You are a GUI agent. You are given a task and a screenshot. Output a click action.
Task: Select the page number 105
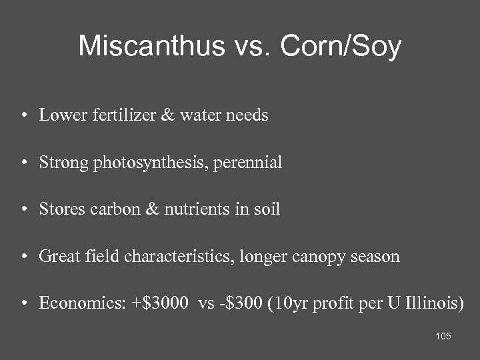tap(443, 336)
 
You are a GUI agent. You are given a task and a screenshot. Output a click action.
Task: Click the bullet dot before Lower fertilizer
tap(23, 116)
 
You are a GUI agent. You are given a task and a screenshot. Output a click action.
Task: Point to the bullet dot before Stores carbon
tap(23, 210)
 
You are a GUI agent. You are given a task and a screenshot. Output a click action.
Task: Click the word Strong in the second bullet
tap(61, 163)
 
